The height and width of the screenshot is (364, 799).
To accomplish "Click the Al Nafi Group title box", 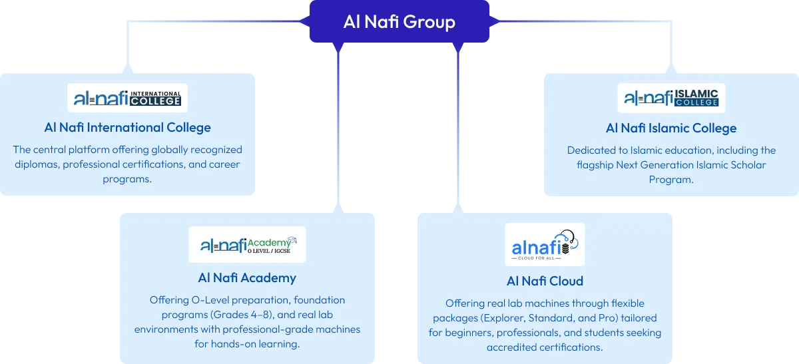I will coord(399,22).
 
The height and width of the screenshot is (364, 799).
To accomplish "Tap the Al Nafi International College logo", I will coord(127,98).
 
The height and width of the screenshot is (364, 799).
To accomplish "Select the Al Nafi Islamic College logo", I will coord(671,98).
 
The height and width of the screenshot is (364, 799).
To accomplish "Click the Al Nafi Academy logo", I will coord(247,244).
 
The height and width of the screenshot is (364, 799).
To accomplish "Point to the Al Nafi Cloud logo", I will coord(545,244).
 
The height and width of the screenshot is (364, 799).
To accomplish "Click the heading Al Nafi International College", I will coord(127,127).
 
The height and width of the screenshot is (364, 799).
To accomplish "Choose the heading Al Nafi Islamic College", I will coord(671,128).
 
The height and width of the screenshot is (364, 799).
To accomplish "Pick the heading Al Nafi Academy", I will coord(247,277).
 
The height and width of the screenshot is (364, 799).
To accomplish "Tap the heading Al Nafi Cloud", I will coord(545,281).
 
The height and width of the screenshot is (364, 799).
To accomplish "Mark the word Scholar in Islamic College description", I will coord(746,164).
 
